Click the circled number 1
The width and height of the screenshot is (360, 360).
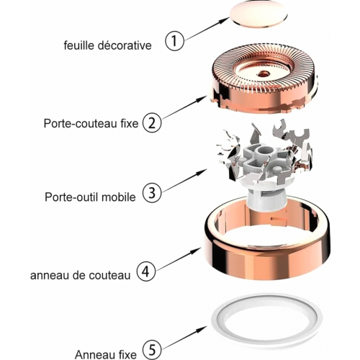175,40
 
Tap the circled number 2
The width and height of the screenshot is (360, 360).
152,123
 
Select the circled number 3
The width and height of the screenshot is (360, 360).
152,192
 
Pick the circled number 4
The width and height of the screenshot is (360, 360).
146,271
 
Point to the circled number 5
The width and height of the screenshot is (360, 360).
152,350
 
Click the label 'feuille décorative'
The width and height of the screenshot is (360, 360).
107,45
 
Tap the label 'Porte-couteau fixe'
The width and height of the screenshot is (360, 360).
91,124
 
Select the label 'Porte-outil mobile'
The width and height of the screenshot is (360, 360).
90,197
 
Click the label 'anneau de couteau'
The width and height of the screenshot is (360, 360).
80,275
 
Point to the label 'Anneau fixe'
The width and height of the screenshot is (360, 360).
106,354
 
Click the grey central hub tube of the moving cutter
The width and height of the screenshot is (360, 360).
265,151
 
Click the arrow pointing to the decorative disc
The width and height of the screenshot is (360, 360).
207,29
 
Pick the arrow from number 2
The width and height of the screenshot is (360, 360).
184,107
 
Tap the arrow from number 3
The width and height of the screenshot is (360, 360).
184,181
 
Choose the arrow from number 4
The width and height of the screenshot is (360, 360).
179,260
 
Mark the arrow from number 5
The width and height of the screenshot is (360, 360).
184,338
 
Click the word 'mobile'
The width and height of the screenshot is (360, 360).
119,197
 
